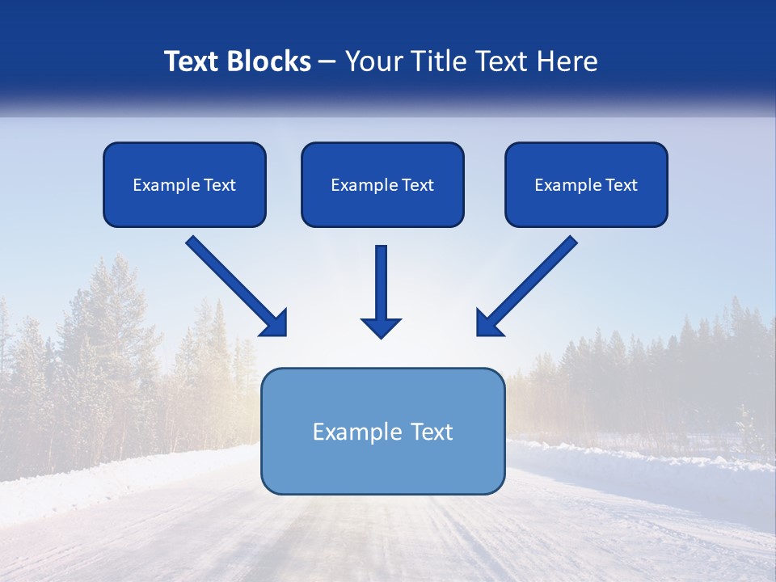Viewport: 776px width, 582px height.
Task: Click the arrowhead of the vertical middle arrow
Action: pos(381,327)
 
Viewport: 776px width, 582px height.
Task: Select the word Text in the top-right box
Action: pos(621,185)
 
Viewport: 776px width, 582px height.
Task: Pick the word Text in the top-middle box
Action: pos(417,185)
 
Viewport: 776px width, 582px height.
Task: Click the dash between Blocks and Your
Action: pos(327,62)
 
